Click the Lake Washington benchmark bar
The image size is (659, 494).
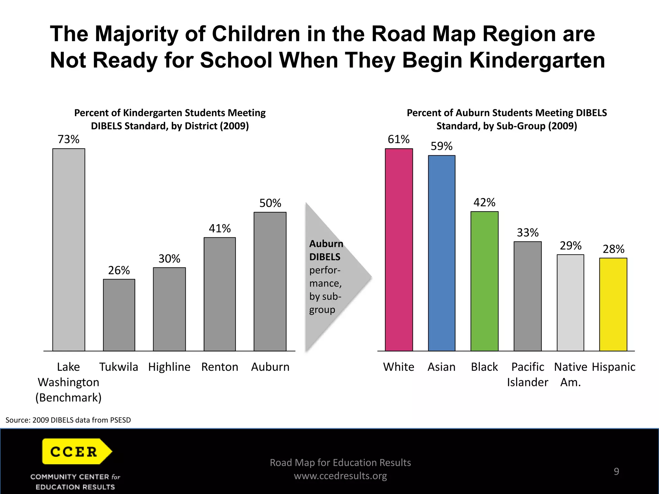pos(69,250)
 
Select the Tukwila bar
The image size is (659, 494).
pos(119,315)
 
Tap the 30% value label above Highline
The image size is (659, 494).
pos(169,259)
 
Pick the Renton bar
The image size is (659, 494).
pos(219,294)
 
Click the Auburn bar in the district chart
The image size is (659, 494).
pos(270,281)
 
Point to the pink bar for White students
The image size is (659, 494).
pos(399,250)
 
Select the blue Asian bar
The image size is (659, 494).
pos(441,253)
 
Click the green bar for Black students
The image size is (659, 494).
pos(484,281)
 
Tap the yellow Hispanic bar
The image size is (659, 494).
pos(613,304)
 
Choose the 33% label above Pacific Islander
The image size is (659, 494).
pos(527,233)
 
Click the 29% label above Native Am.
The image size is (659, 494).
pos(571,246)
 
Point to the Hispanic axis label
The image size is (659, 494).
pos(613,367)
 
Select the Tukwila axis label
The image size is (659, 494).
pos(118,367)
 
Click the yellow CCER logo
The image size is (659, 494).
pos(77,451)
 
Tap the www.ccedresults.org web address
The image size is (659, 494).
pos(340,476)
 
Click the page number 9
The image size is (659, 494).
pos(616,471)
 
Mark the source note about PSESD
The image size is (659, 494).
pos(68,420)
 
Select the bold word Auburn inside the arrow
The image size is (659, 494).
pos(326,244)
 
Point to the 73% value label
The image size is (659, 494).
pos(68,139)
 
